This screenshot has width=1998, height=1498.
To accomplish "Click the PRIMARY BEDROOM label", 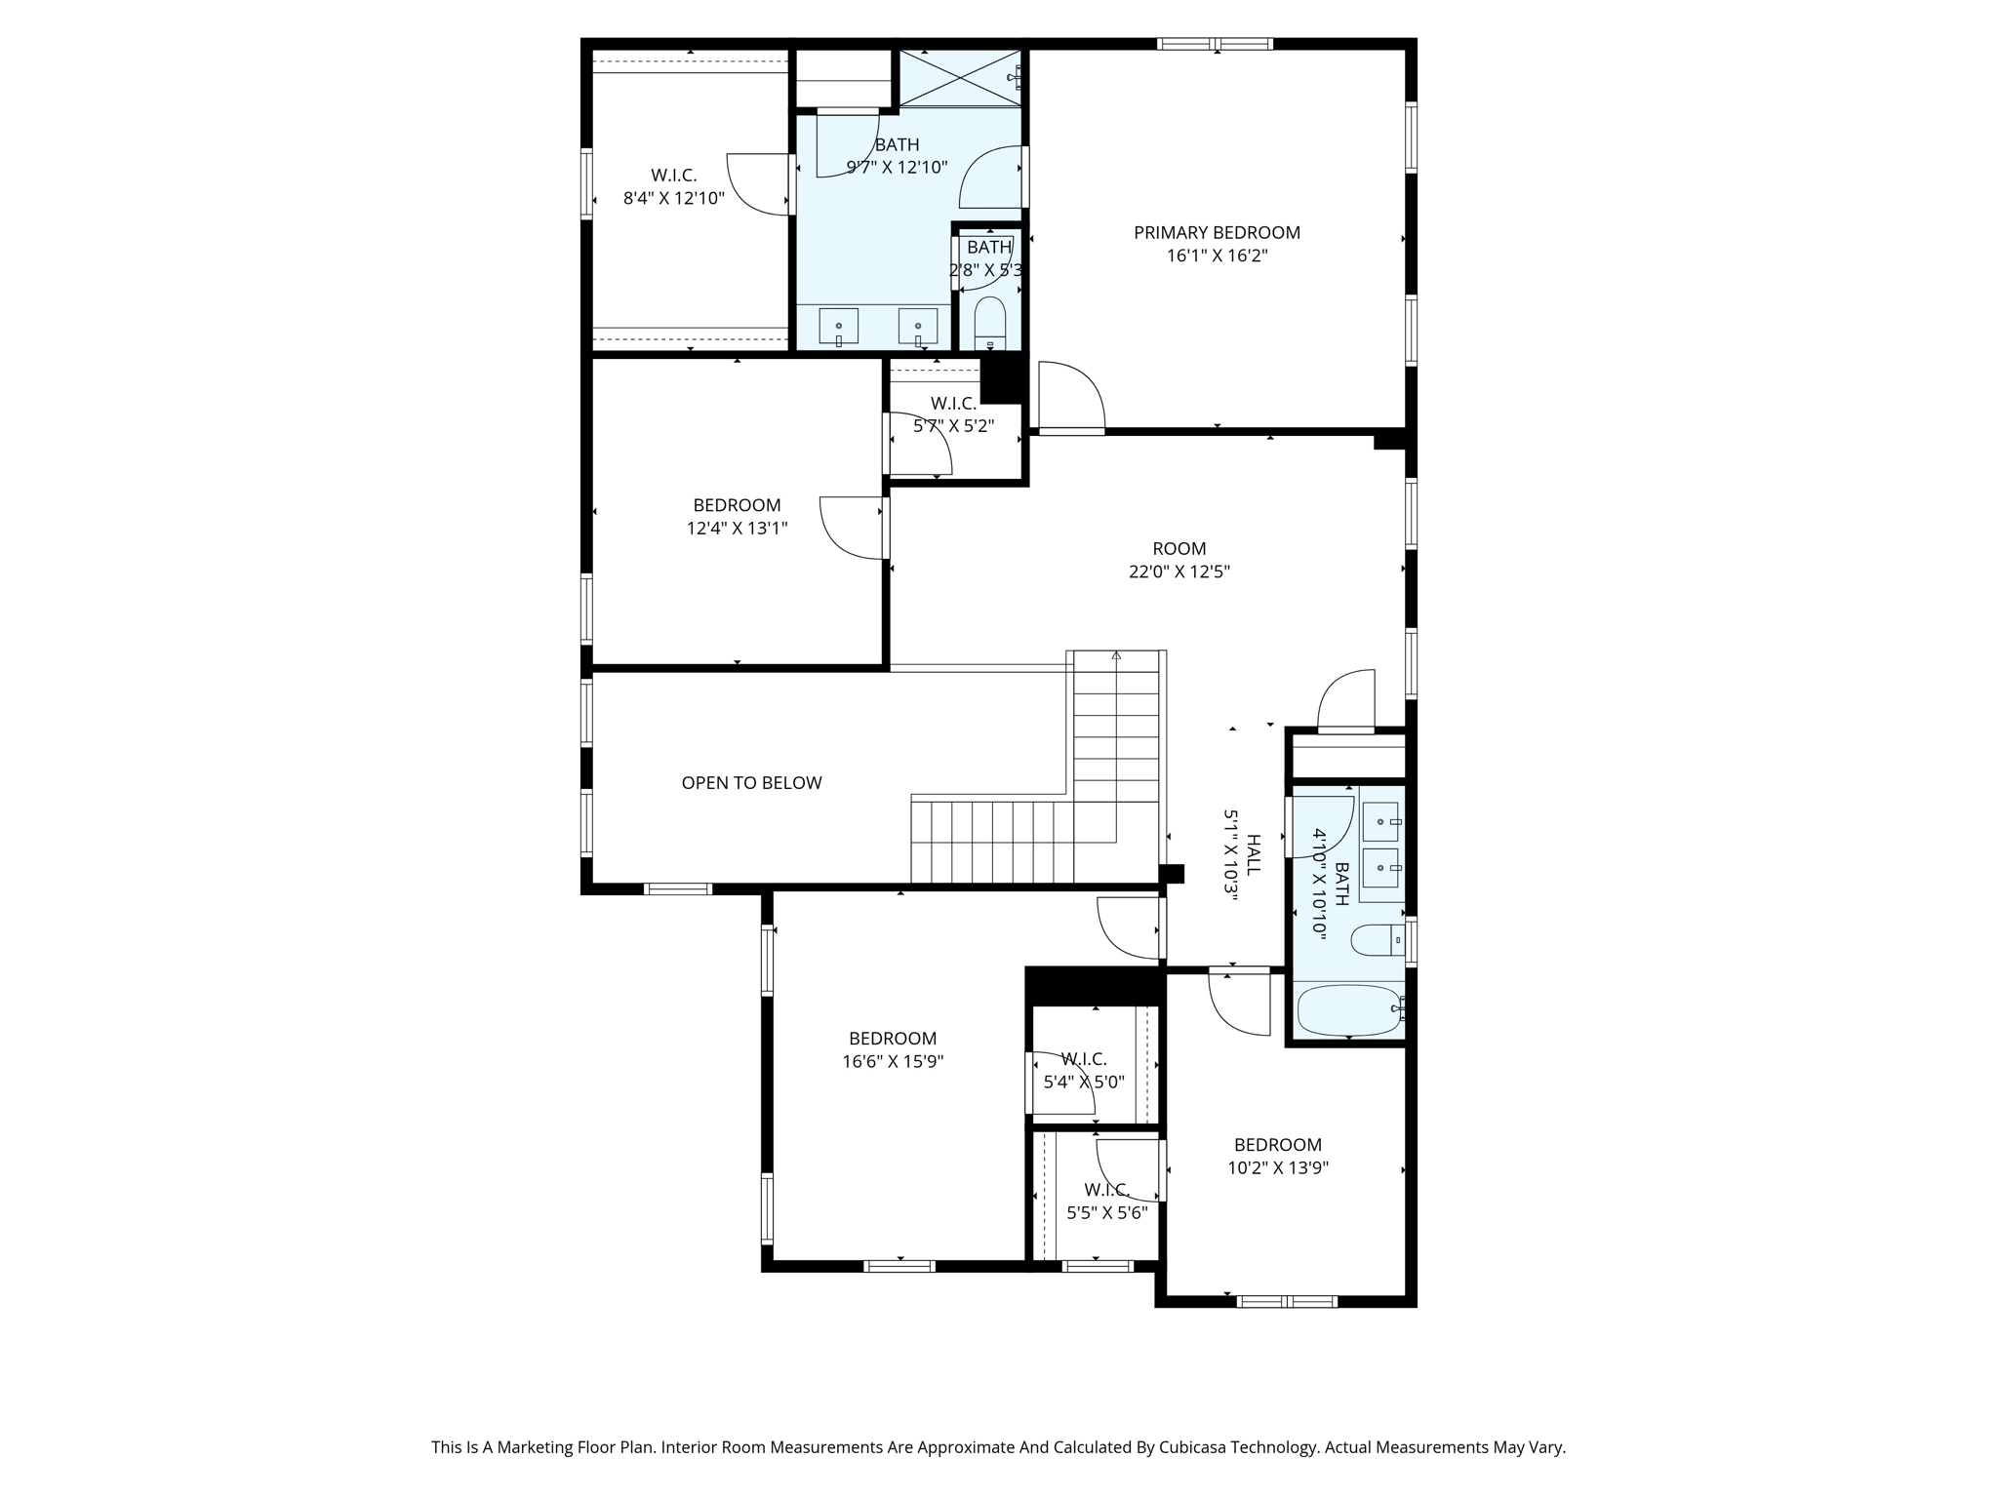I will tap(1217, 232).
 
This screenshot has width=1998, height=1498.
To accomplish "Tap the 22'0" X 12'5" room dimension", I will tap(1179, 572).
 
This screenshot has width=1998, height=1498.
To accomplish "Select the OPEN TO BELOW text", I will tap(751, 782).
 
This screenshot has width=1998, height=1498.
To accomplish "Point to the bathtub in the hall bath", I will tap(1348, 1009).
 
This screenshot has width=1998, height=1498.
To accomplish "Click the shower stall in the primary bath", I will tap(959, 77).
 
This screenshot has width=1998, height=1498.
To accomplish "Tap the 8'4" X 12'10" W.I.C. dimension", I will tap(673, 198).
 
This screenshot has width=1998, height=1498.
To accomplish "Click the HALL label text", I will tap(1254, 854).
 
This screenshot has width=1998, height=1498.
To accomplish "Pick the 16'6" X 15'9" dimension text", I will tap(893, 1061).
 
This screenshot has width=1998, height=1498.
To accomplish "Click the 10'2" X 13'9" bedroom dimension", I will tap(1277, 1167).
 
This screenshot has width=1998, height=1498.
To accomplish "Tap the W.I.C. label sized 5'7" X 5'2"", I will tap(953, 403).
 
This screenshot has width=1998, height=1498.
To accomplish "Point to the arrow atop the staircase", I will tap(1116, 655).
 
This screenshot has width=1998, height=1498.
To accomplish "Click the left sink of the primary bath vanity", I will tap(838, 326).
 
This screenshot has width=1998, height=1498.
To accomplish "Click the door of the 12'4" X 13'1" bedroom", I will tap(853, 528).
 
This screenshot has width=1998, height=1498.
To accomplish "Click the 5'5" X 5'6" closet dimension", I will tap(1106, 1213).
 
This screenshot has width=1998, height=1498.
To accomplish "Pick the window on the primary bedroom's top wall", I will tap(1215, 43).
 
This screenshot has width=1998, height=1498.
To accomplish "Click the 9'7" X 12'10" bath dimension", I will tap(897, 167).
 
